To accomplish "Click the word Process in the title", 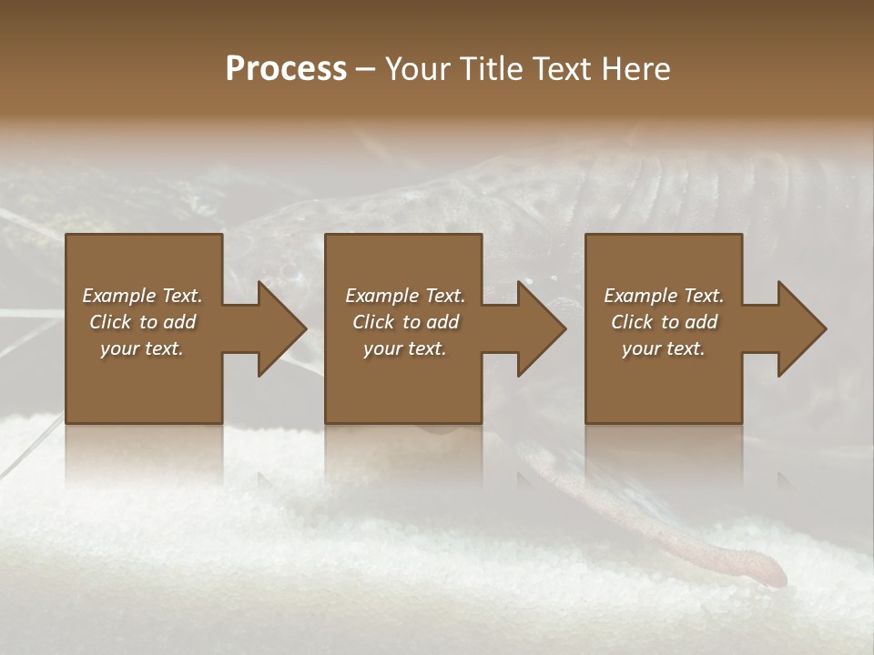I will pos(286,69).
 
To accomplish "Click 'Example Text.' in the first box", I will pos(142,296).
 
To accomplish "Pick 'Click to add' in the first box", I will pos(142,322).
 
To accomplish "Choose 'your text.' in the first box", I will pos(142,348).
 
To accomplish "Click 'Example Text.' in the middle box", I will pos(405,296).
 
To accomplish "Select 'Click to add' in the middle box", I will pos(405,322).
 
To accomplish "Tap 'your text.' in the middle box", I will pos(405,348).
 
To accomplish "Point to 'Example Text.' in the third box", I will pos(664,296).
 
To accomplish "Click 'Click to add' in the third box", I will pos(664,322).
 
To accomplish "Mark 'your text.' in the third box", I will pos(664,348).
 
